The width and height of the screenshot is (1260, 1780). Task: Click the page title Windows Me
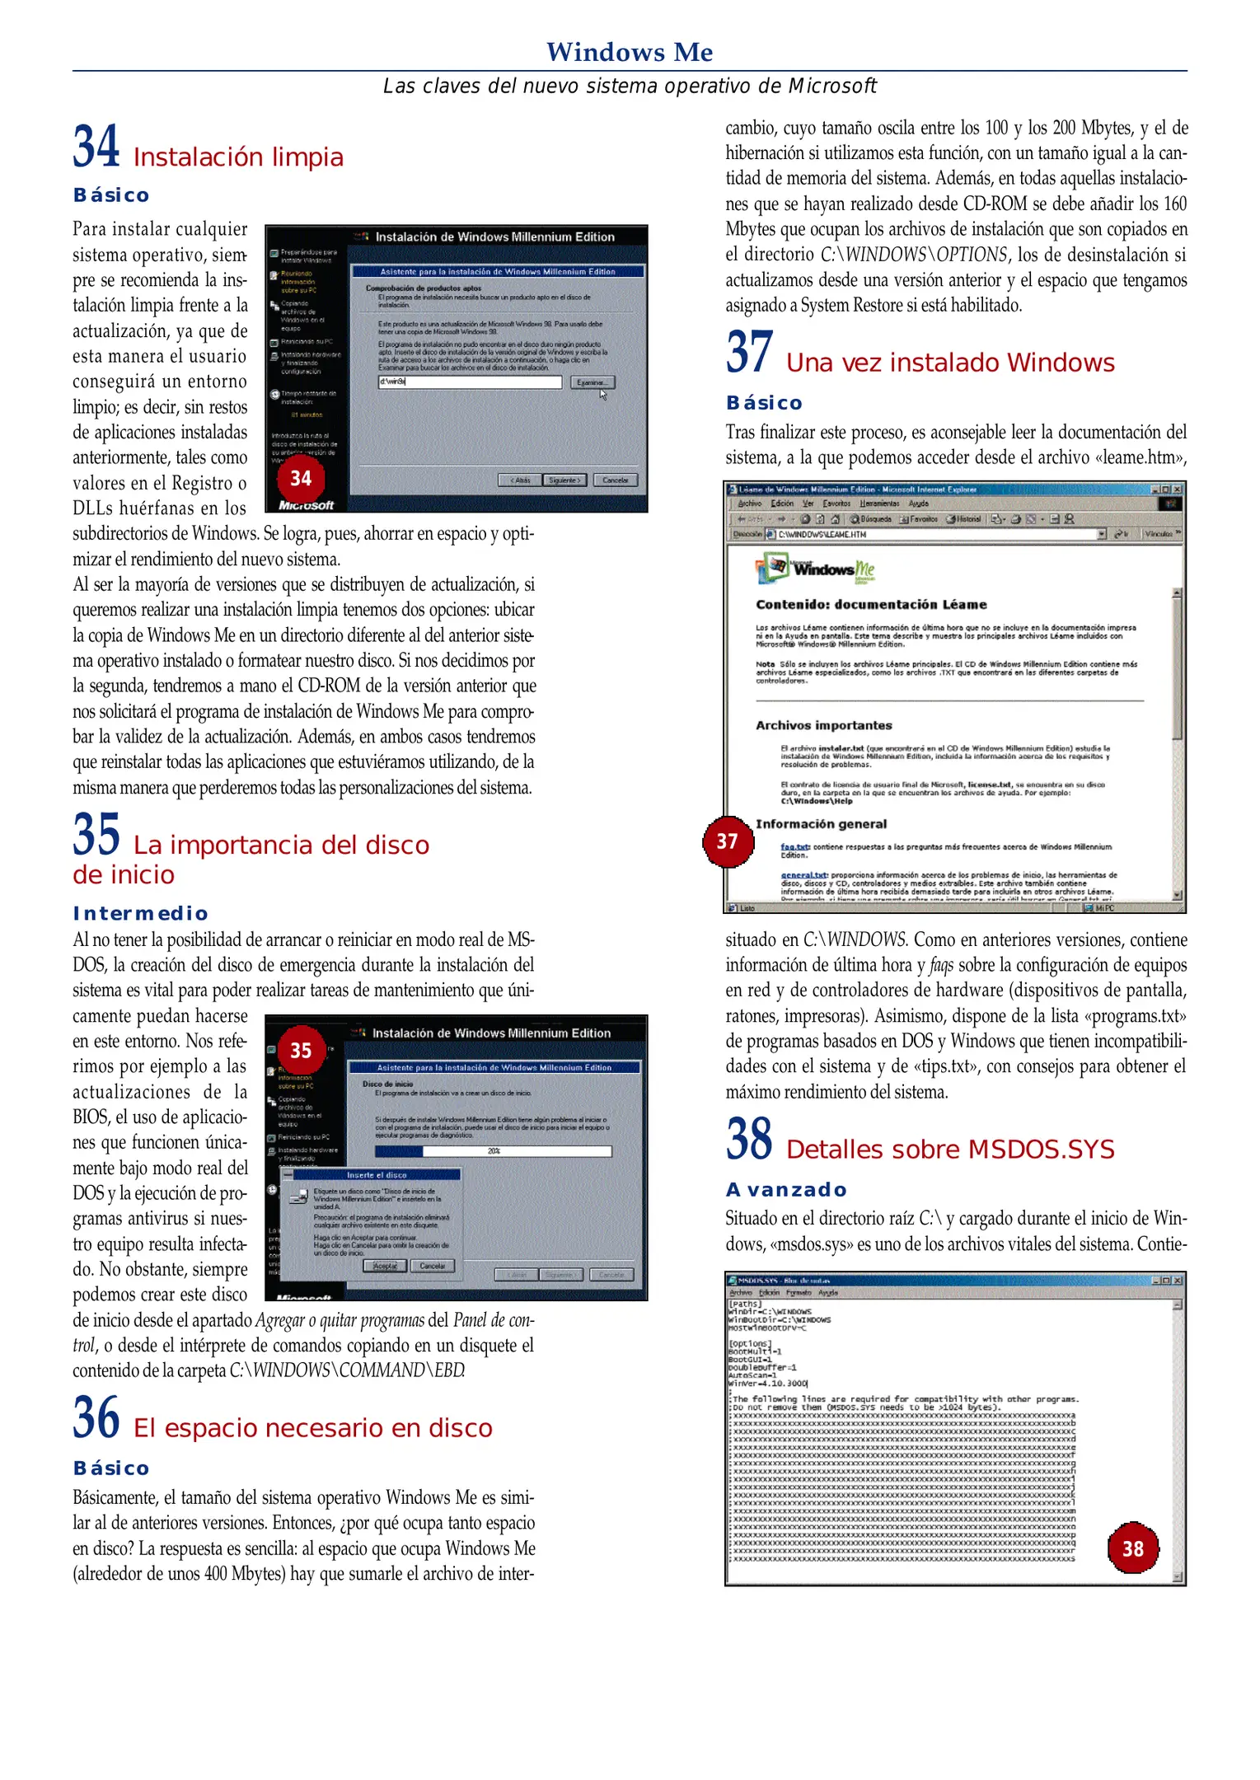coord(630,52)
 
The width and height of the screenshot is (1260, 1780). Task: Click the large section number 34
coord(96,147)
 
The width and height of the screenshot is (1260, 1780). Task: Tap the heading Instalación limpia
coord(238,157)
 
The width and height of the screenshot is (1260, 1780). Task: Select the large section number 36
coord(96,1417)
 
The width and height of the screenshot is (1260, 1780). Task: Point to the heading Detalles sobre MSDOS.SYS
coord(950,1150)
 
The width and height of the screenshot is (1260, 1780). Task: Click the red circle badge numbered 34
coord(301,479)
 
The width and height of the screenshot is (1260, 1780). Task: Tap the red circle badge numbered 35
coord(301,1051)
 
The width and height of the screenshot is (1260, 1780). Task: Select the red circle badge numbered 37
coord(727,841)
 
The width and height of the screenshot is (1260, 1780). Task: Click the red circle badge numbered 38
coord(1133,1548)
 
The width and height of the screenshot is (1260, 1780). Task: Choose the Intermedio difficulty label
coord(140,913)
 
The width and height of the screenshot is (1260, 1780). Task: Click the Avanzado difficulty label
coord(786,1190)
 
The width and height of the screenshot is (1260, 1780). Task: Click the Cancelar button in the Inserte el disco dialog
coord(433,1266)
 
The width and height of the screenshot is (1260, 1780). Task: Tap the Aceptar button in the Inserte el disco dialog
coord(385,1266)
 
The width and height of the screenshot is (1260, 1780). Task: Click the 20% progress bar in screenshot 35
coord(493,1151)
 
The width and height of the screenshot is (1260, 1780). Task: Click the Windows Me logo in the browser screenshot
coord(815,569)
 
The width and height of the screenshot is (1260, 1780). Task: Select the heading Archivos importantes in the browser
coord(824,725)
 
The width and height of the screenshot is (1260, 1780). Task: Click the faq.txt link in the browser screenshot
coord(794,846)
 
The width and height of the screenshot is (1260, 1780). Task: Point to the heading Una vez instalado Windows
coord(950,363)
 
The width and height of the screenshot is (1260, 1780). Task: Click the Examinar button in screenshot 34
coord(592,382)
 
